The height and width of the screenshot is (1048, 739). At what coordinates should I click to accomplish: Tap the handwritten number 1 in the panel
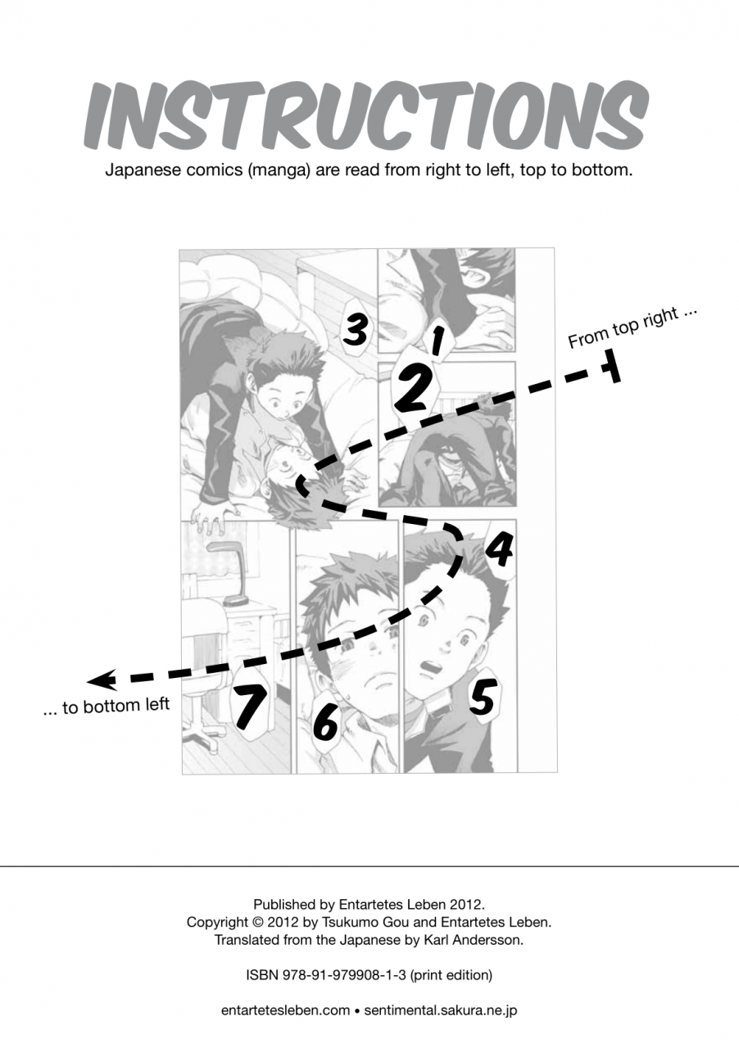(438, 339)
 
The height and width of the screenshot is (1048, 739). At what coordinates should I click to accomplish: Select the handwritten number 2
(412, 388)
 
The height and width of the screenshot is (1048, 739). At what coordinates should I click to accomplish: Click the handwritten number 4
(499, 549)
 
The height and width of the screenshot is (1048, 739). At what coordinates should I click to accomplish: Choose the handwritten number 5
(483, 698)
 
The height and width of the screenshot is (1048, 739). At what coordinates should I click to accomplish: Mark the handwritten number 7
(250, 705)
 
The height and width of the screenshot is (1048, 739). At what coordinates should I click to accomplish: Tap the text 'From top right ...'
(632, 327)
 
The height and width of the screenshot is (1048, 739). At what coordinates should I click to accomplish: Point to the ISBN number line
(369, 975)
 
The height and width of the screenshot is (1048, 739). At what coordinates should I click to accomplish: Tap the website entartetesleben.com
(285, 1010)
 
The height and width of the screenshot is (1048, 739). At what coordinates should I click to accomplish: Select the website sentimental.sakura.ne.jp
(440, 1010)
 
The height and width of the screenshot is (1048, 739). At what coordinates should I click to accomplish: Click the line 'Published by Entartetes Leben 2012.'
(369, 905)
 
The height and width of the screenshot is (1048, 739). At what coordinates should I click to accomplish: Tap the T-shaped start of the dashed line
(611, 365)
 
